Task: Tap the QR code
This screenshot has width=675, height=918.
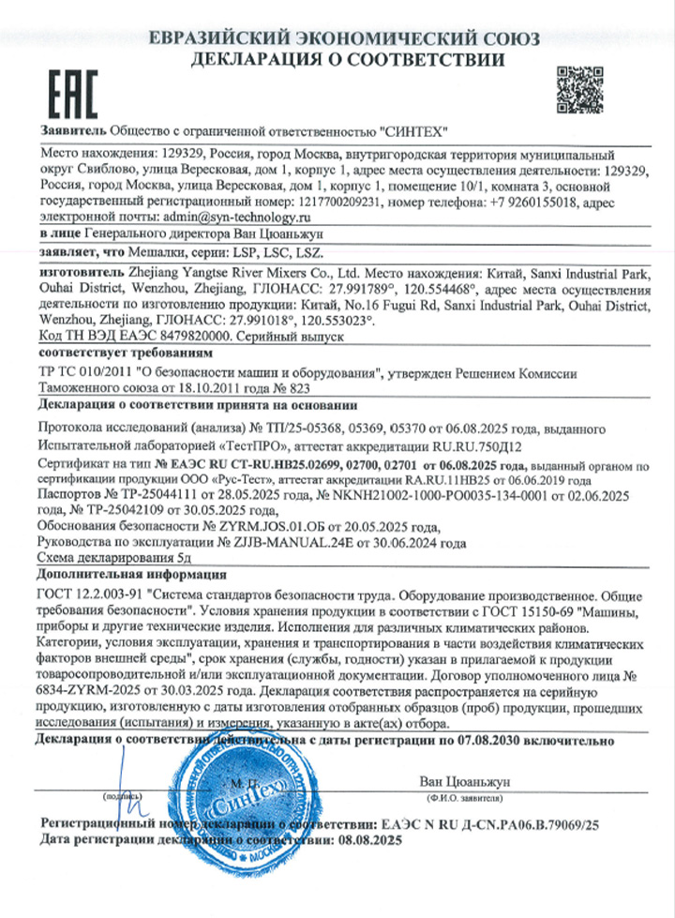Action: [580, 89]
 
